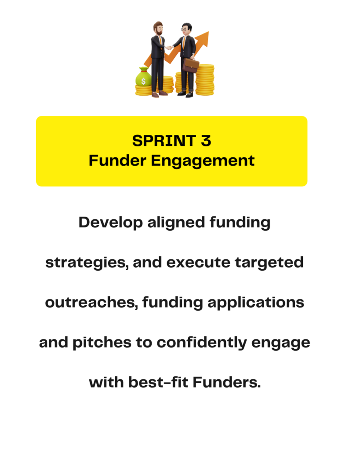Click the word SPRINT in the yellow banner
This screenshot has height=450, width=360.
[164, 141]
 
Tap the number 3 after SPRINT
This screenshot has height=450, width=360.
[206, 141]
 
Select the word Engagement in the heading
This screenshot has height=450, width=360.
[203, 161]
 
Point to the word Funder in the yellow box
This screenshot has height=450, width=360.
[117, 160]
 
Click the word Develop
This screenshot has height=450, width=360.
[110, 223]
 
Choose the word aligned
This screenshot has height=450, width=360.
[176, 222]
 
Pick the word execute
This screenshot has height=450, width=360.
[198, 263]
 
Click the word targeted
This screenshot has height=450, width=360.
[269, 263]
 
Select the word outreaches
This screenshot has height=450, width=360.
[91, 302]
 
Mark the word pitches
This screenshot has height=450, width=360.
[102, 343]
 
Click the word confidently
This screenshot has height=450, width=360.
[201, 343]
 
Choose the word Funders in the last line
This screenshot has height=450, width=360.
[226, 382]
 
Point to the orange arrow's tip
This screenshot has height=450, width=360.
[208, 32]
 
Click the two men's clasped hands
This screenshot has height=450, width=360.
[169, 47]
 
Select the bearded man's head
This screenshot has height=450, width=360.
[158, 28]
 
